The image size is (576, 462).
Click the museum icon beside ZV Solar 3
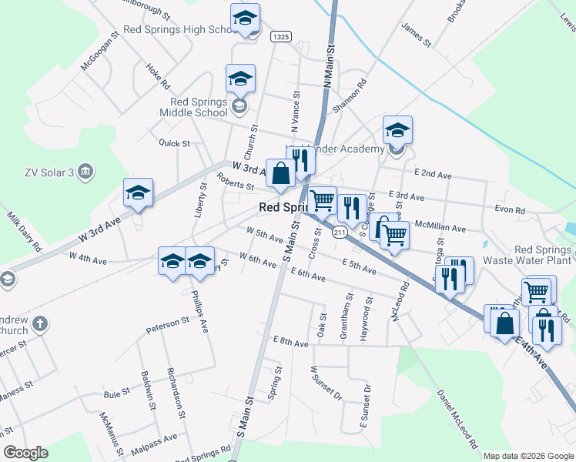click(85, 172)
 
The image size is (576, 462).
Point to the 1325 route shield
click(280, 36)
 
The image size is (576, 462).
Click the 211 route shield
click(340, 232)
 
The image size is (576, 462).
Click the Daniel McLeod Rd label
click(458, 419)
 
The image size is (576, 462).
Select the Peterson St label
click(168, 325)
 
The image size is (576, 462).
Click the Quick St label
click(174, 143)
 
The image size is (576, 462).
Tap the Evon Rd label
click(510, 209)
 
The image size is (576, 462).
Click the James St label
click(416, 34)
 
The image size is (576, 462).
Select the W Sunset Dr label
click(326, 383)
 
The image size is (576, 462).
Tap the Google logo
click(25, 453)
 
